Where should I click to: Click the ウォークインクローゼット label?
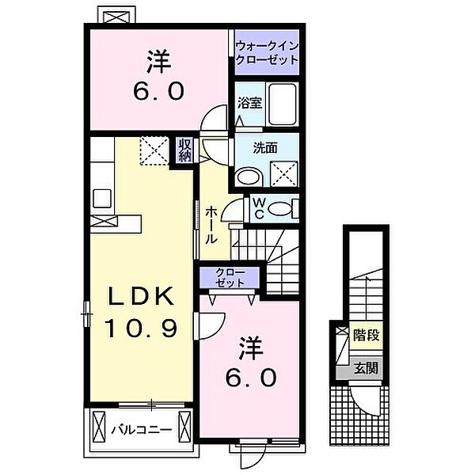pyautogui.click(x=267, y=52)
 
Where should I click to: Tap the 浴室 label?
pyautogui.click(x=249, y=103)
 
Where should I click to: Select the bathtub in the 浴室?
pyautogui.click(x=283, y=103)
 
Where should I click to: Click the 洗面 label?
pyautogui.click(x=265, y=148)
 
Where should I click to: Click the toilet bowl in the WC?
pyautogui.click(x=279, y=208)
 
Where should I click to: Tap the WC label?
pyautogui.click(x=259, y=208)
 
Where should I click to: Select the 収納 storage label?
pyautogui.click(x=184, y=150)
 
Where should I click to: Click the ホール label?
pyautogui.click(x=211, y=225)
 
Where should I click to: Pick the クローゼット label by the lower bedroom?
pyautogui.click(x=230, y=278)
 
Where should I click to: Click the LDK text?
pyautogui.click(x=142, y=296)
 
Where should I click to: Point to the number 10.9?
pyautogui.click(x=141, y=329)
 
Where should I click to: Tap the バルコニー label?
pyautogui.click(x=142, y=430)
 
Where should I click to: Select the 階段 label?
pyautogui.click(x=367, y=336)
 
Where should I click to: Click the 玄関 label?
pyautogui.click(x=367, y=368)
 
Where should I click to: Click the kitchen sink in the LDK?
pyautogui.click(x=102, y=198)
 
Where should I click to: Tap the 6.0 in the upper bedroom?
pyautogui.click(x=159, y=91)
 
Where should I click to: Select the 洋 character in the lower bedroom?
pyautogui.click(x=251, y=348)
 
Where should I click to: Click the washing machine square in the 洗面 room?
pyautogui.click(x=284, y=173)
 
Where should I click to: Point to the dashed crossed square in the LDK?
pyautogui.click(x=154, y=150)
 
